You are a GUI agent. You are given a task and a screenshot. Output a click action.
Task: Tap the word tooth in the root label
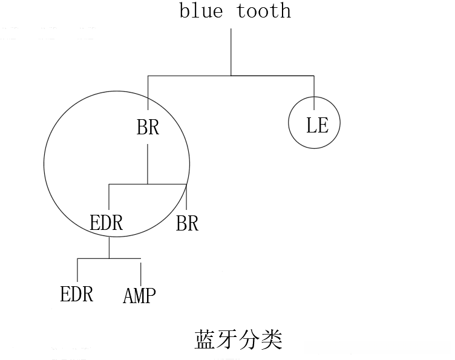click(264, 11)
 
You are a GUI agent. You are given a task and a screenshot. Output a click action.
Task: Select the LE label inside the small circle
click(317, 125)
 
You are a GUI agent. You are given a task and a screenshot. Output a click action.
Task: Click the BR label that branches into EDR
click(148, 128)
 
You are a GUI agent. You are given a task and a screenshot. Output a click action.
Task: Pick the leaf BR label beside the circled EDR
click(187, 223)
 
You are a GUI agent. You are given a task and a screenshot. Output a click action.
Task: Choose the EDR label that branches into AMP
click(106, 223)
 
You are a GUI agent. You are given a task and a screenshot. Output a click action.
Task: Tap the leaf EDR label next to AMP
click(77, 294)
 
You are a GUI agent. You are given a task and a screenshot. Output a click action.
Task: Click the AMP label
click(139, 296)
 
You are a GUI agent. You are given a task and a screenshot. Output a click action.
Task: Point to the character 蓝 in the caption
click(205, 339)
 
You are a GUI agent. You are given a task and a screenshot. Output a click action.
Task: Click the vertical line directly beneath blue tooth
click(231, 51)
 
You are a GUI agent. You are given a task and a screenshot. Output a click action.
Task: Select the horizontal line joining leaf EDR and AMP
click(109, 258)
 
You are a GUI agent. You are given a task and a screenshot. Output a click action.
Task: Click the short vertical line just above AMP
click(141, 269)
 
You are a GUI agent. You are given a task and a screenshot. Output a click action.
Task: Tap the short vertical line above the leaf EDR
click(77, 269)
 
